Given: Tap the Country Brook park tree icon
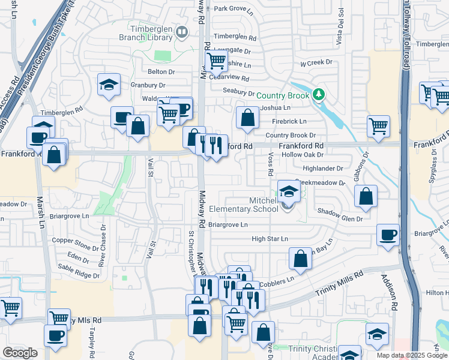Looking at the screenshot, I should [x=319, y=95].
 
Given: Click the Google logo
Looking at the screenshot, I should [x=20, y=353].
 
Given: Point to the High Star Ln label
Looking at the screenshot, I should [x=270, y=239].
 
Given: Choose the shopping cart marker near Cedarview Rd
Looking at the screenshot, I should [x=215, y=60].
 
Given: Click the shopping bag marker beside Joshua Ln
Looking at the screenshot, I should [x=247, y=118].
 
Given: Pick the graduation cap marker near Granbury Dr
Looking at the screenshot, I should [x=109, y=85].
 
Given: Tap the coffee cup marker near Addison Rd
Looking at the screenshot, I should [x=388, y=235].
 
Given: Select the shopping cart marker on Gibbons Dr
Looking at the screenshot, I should [x=378, y=126].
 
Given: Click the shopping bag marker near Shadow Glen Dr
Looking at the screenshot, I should [x=366, y=196].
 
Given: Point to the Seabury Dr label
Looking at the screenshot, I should [x=239, y=92].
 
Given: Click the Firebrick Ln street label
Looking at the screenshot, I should [x=289, y=121].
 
